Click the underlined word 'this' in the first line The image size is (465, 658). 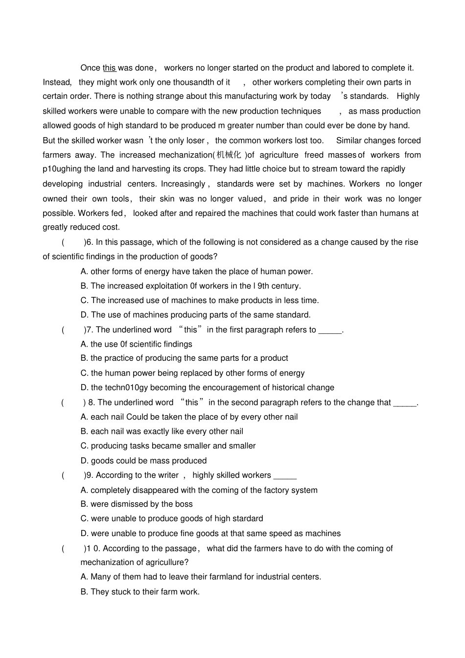[109, 68]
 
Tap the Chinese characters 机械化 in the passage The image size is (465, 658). [229, 155]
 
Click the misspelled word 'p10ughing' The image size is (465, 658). [62, 169]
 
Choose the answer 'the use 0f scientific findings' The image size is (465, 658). [141, 344]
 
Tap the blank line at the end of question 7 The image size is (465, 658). [330, 330]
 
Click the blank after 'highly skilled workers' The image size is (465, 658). [285, 475]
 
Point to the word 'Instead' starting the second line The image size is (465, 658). [57, 82]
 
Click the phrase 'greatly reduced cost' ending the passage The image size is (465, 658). [81, 227]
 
